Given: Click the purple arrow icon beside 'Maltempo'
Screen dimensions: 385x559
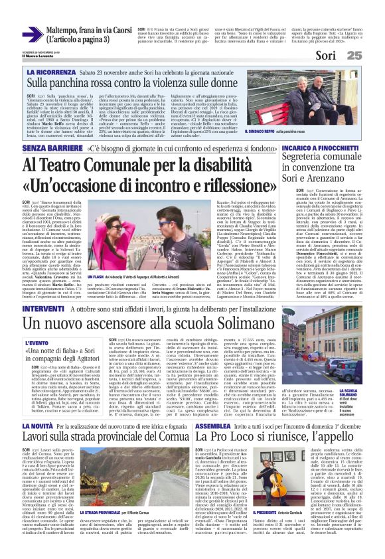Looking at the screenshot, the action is pyautogui.click(x=31, y=34).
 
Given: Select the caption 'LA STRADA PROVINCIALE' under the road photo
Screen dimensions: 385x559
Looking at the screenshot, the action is pyautogui.click(x=102, y=513).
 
